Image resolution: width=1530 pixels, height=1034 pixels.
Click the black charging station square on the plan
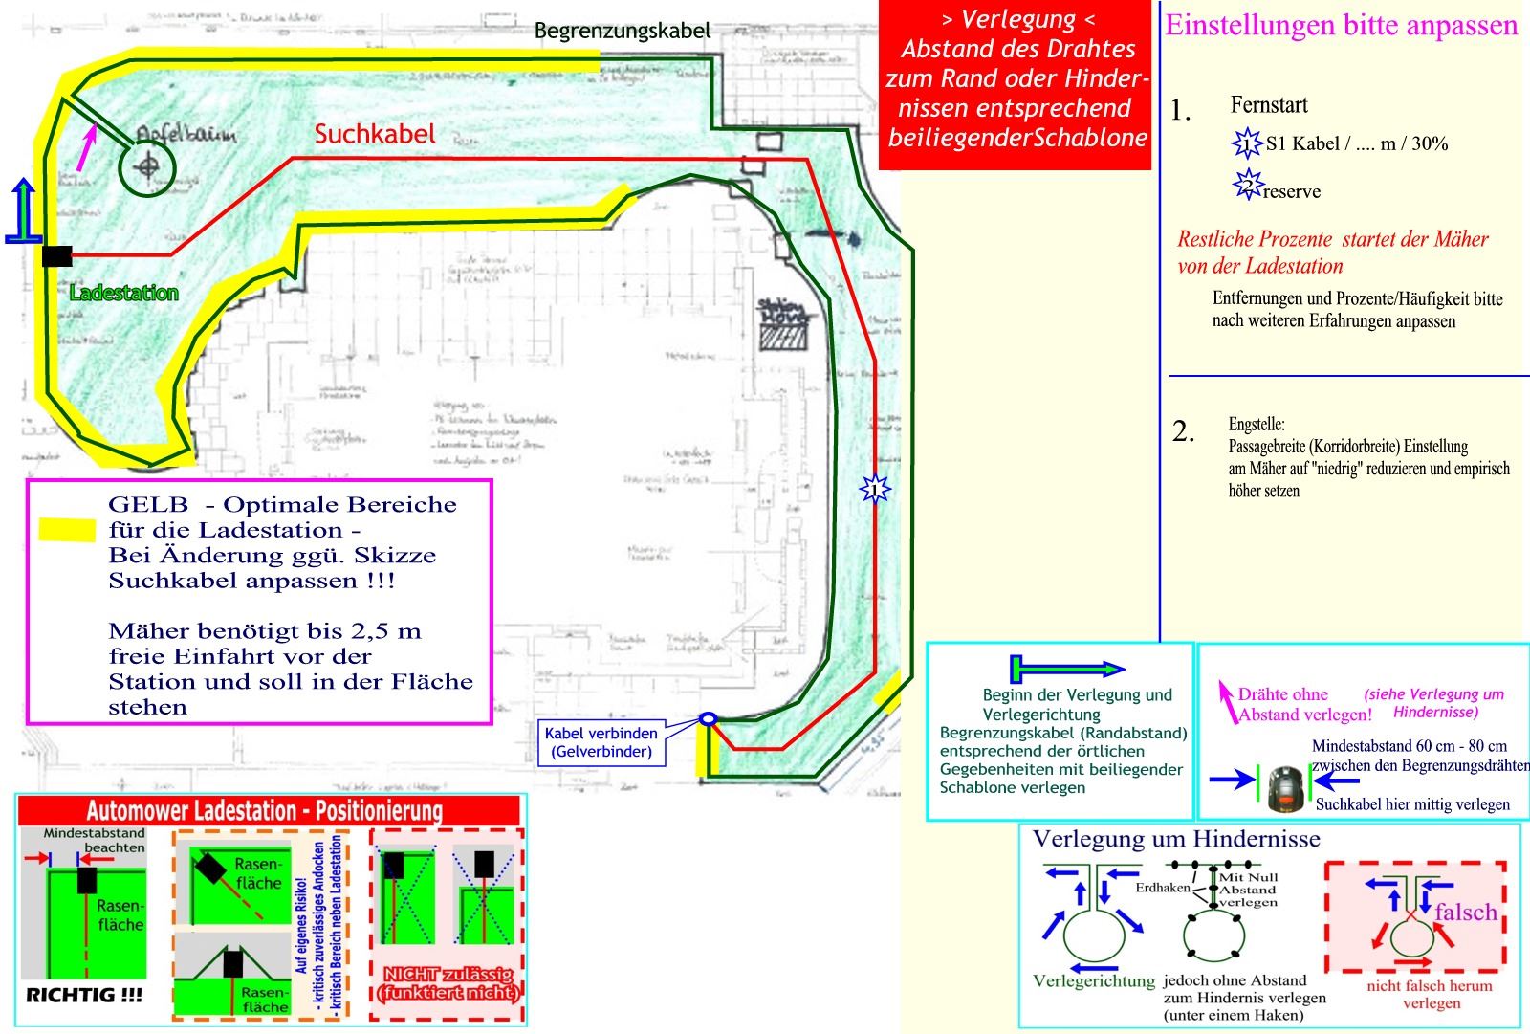point(57,255)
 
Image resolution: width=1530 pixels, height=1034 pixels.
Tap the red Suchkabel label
point(375,135)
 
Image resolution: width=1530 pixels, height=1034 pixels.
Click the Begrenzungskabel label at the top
point(622,31)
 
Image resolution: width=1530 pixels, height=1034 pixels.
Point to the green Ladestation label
point(124,293)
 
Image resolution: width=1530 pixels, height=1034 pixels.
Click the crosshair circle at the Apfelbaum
point(147,167)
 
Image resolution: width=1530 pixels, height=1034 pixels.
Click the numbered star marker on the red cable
point(874,490)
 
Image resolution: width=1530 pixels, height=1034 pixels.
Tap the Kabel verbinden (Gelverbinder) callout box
point(601,742)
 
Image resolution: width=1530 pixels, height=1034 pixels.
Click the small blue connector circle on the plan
point(708,718)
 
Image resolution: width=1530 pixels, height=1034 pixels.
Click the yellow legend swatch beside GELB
point(67,529)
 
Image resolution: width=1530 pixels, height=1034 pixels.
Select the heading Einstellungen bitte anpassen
point(1341,25)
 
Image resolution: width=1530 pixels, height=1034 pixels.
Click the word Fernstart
point(1269,105)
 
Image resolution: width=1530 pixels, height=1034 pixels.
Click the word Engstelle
point(1257,424)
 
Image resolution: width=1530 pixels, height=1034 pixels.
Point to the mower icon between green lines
point(1286,787)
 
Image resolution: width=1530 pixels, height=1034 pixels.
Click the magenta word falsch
point(1465,912)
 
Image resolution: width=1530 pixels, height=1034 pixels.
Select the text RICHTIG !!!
point(84,995)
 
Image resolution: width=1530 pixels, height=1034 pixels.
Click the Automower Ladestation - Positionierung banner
point(265,811)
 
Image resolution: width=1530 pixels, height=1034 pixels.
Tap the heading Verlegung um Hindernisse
point(1176,839)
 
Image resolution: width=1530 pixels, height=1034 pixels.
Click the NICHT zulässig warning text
point(448,983)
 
